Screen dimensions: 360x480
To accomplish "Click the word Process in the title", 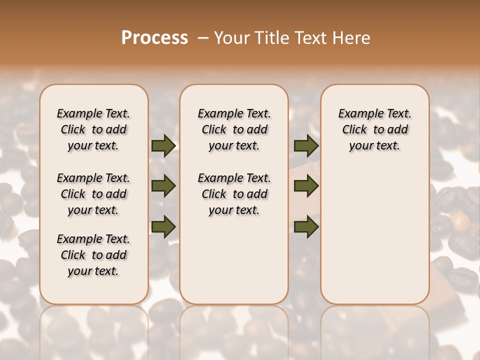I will pyautogui.click(x=154, y=38).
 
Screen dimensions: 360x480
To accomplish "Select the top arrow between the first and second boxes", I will pyautogui.click(x=163, y=145).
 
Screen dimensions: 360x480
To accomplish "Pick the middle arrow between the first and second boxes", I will pyautogui.click(x=163, y=186).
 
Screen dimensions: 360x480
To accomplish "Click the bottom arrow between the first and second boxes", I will pyautogui.click(x=163, y=226).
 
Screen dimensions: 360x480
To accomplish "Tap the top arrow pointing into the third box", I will pyautogui.click(x=306, y=145).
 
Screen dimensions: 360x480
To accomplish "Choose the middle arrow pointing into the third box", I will pyautogui.click(x=306, y=186).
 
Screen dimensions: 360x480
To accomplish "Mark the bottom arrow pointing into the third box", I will pyautogui.click(x=306, y=226).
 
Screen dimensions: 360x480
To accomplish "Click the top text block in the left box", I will pyautogui.click(x=93, y=129).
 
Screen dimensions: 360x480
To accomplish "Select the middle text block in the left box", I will pyautogui.click(x=93, y=194).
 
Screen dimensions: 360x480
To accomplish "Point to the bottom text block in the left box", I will pyautogui.click(x=93, y=255).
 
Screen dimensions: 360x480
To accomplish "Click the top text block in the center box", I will pyautogui.click(x=234, y=129).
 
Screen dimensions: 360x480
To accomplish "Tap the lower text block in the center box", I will pyautogui.click(x=234, y=194).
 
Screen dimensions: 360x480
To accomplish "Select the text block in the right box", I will pyautogui.click(x=374, y=129).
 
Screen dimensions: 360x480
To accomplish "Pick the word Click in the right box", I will pyautogui.click(x=354, y=130).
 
